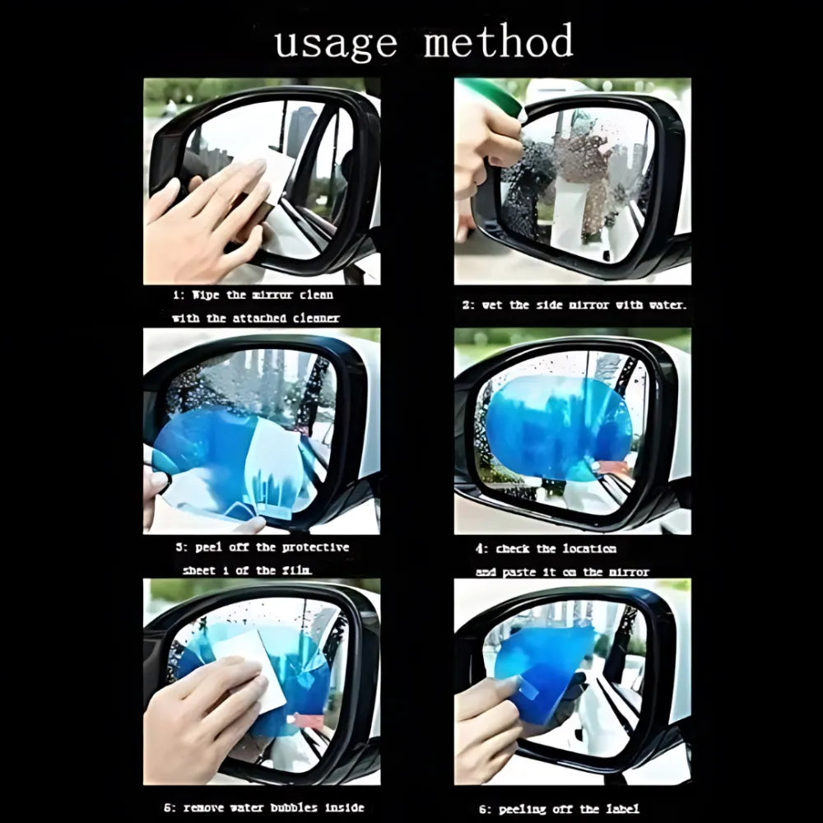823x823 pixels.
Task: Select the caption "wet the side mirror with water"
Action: tap(574, 305)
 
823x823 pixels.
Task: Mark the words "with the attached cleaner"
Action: tap(255, 318)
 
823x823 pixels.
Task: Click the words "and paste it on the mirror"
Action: tap(562, 571)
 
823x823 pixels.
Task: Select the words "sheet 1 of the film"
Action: tap(247, 570)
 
